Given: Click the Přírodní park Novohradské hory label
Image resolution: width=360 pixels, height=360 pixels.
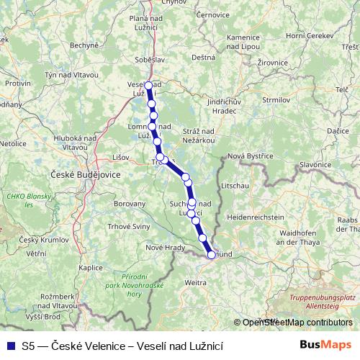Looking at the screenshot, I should click(143, 285).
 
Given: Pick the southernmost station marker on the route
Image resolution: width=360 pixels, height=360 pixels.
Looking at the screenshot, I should click(212, 254).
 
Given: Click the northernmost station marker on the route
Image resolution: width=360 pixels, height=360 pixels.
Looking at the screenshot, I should click(148, 86).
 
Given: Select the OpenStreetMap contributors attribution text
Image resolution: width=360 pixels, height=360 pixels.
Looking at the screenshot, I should click(297, 323).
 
